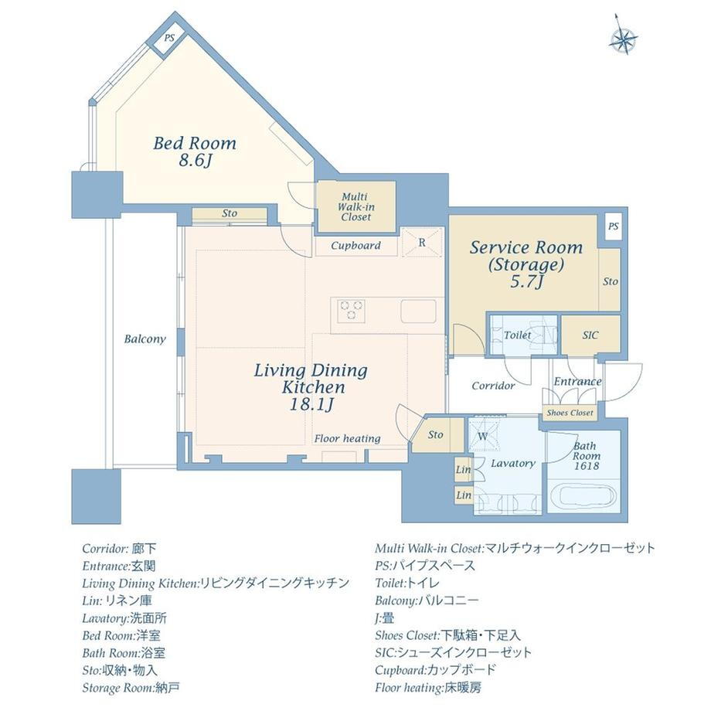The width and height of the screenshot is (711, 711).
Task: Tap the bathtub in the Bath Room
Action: [583, 498]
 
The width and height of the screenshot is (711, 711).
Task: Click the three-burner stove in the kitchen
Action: [351, 311]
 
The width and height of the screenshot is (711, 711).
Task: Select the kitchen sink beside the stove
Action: [418, 311]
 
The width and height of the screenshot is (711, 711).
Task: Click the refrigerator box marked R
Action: [422, 242]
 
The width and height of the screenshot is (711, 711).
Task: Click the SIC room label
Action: [590, 335]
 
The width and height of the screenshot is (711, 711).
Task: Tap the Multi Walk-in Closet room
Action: [356, 207]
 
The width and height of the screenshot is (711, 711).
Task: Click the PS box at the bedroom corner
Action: [168, 39]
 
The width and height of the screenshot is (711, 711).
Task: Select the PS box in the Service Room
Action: [613, 226]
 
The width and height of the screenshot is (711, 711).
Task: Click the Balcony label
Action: [145, 339]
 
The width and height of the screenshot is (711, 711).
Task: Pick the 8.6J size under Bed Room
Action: [195, 161]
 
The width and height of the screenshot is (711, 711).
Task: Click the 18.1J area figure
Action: [311, 404]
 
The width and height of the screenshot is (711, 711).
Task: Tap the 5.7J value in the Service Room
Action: [526, 281]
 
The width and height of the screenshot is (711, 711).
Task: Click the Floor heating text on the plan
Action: [347, 438]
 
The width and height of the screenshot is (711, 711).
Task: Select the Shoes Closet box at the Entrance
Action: [570, 413]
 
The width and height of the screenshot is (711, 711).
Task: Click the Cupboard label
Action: [355, 246]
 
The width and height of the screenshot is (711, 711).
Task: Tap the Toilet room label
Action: [517, 335]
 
